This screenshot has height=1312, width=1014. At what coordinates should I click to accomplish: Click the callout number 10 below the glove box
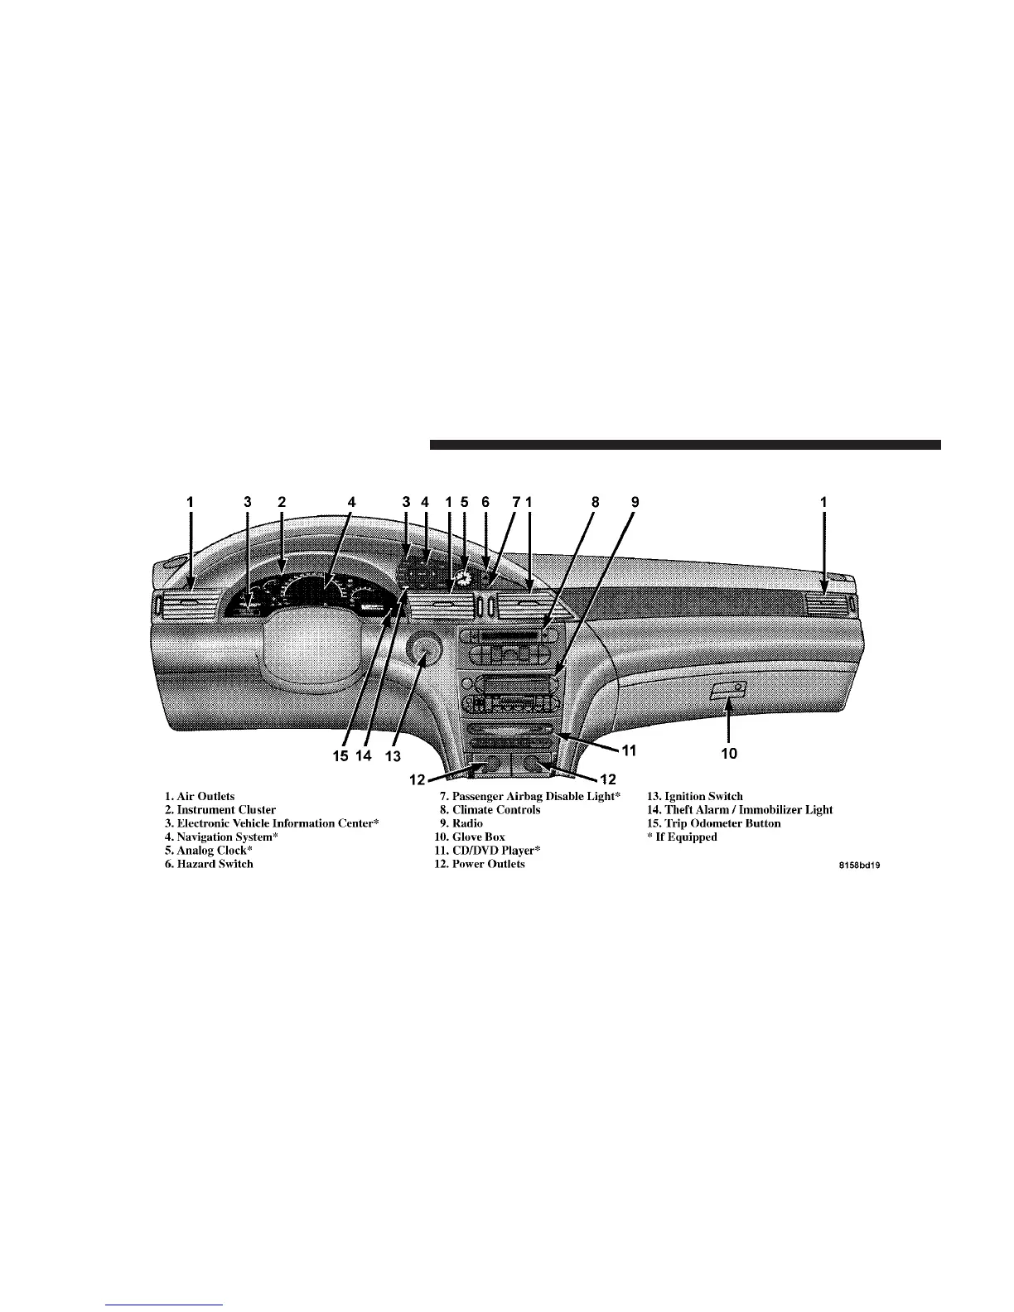[727, 755]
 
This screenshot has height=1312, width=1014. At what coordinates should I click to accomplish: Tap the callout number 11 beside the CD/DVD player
[629, 751]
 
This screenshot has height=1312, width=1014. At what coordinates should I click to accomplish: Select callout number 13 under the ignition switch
[392, 756]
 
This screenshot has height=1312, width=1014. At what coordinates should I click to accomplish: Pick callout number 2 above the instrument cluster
[282, 501]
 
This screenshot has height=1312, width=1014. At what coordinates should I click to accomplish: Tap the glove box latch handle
[728, 688]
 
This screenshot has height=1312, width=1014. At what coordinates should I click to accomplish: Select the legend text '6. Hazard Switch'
[209, 864]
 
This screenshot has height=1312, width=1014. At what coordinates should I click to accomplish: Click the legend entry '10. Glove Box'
[470, 837]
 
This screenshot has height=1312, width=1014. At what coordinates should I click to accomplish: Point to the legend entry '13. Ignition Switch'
[695, 796]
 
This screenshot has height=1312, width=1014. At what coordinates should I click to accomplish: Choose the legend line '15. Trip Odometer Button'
[714, 823]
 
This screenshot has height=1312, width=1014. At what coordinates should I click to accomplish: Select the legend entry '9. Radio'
[461, 823]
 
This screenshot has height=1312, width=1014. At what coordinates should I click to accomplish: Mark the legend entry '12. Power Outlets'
[480, 864]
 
